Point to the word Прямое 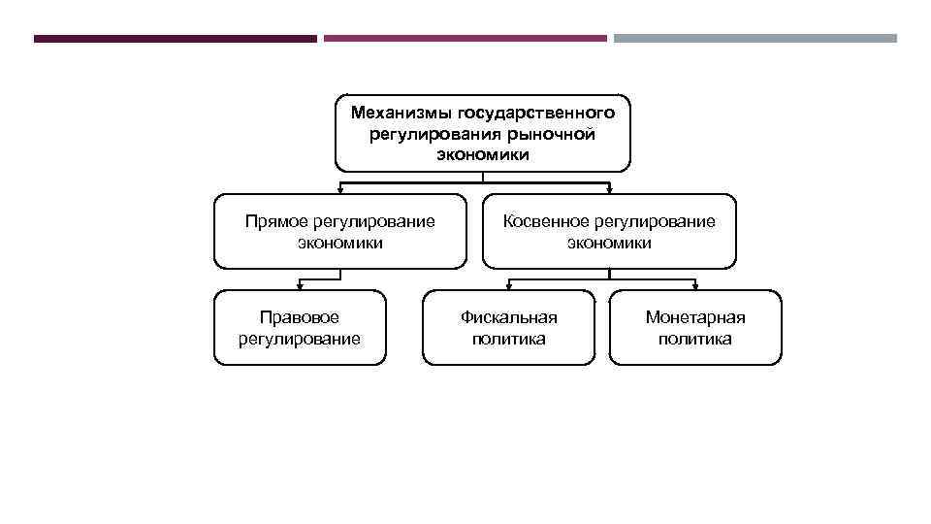point(275,221)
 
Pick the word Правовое point(299,317)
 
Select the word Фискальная point(508,317)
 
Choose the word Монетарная point(694,317)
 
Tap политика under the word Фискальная point(508,339)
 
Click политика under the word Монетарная point(694,339)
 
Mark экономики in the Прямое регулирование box point(339,243)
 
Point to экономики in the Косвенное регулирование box point(609,243)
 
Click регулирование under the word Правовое point(299,339)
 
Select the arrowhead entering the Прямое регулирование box point(338,190)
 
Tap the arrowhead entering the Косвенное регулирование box point(610,190)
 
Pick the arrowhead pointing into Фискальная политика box point(510,286)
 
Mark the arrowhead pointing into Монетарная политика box point(695,286)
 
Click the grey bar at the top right point(755,39)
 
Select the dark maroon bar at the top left point(175,39)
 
